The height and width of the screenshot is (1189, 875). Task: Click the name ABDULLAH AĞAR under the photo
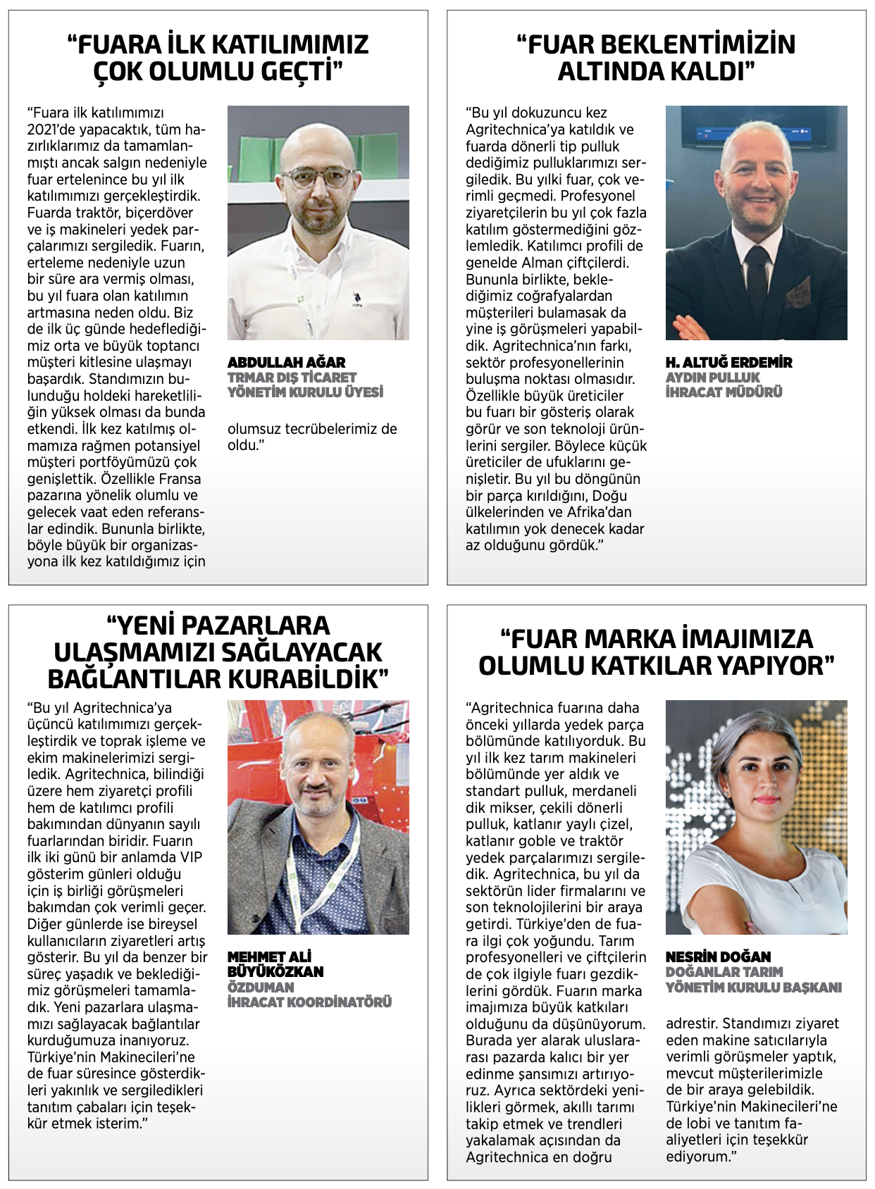pyautogui.click(x=286, y=362)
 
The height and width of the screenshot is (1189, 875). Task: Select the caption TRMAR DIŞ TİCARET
pyautogui.click(x=292, y=378)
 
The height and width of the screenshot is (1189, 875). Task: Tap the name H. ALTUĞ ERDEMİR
pyautogui.click(x=728, y=362)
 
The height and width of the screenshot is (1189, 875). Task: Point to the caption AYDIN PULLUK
pyautogui.click(x=712, y=378)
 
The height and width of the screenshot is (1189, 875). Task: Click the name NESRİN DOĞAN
pyautogui.click(x=718, y=957)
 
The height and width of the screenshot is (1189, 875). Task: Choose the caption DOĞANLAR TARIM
pyautogui.click(x=724, y=972)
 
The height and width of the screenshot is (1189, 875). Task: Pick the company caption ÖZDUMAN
pyautogui.click(x=261, y=987)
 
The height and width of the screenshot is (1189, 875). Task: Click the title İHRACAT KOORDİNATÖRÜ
pyautogui.click(x=309, y=1002)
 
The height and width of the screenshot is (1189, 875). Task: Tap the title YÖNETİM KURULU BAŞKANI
pyautogui.click(x=753, y=988)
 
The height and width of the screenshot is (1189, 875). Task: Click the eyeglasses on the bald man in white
pyautogui.click(x=318, y=175)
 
